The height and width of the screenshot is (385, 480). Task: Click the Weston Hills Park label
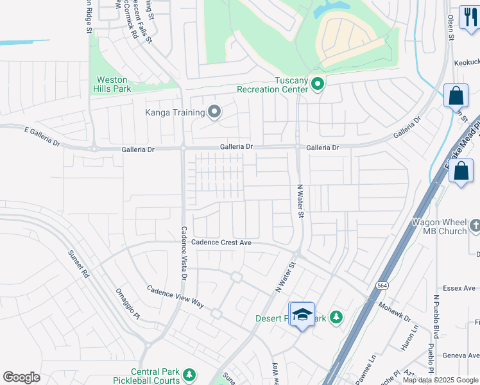coord(114,84)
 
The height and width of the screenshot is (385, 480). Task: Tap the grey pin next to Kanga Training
coord(214,113)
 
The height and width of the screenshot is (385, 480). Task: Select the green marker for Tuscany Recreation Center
coord(317,84)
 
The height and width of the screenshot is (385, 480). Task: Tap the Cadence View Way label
coord(175,297)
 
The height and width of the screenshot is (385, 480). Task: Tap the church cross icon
coord(475,225)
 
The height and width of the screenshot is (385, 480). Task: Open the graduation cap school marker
coord(302,314)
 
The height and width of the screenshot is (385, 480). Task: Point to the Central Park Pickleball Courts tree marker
coord(189,373)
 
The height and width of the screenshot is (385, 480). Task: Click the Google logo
coord(21,377)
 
